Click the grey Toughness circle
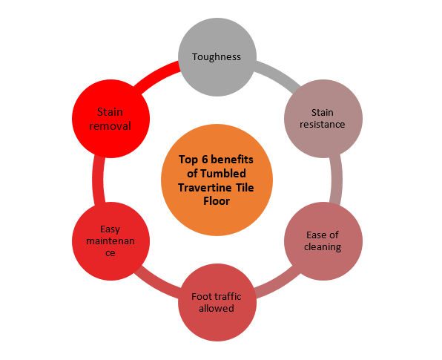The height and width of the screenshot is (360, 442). point(217,57)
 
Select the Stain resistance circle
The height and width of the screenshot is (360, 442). point(323,119)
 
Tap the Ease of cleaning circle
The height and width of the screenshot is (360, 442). point(323,241)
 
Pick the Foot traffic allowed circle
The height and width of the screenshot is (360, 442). point(217,302)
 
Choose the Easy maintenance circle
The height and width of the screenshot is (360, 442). point(110,241)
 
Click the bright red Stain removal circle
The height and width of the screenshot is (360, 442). point(110,119)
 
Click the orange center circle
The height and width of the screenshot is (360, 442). point(217,180)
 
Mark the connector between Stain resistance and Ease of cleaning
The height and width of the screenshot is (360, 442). point(336,180)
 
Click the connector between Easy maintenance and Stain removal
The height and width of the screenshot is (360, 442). point(98,180)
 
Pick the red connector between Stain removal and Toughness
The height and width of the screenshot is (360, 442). point(156,74)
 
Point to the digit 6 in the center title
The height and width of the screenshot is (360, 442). point(205,160)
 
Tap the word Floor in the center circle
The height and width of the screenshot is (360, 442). point(217,201)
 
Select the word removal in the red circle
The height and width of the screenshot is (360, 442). point(110,126)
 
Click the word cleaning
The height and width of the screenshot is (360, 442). point(323,247)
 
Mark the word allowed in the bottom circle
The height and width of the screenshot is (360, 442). point(217,308)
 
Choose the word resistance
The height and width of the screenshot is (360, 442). point(322,125)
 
